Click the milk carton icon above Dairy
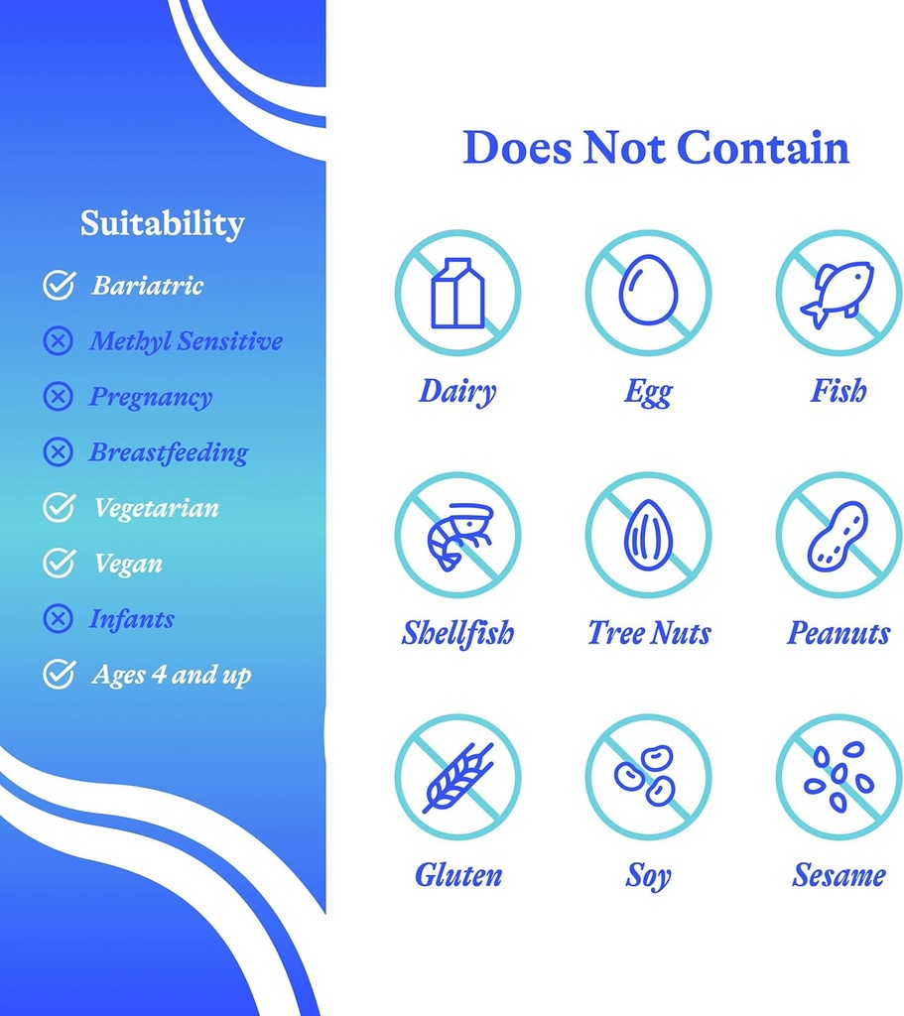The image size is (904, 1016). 457,293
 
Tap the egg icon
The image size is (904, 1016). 648,290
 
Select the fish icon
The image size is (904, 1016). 838,294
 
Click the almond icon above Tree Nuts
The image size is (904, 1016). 648,533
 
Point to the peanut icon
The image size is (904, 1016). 838,536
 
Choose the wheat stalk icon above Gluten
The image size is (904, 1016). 458,778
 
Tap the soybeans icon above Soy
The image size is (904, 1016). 645,776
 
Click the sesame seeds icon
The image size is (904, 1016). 839,776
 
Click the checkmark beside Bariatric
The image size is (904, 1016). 59,285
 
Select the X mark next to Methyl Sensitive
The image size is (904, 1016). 58,341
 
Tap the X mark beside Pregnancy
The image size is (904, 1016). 58,397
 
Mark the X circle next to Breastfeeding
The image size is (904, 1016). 58,452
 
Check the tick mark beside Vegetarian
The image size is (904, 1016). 59,507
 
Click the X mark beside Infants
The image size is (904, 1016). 58,619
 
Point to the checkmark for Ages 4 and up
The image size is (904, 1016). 59,674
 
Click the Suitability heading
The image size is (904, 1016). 162,224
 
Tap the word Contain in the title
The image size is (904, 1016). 763,147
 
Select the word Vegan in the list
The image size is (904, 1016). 128,565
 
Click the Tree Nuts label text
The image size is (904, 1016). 649,633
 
